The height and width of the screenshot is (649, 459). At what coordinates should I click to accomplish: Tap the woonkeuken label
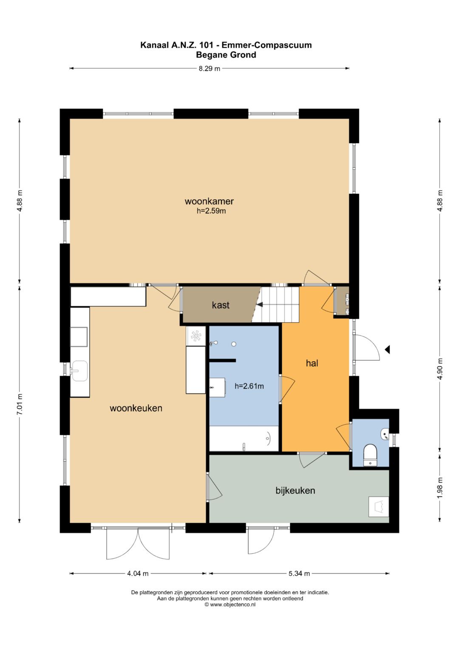click(136, 408)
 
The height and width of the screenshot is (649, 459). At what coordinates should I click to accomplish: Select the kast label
click(221, 305)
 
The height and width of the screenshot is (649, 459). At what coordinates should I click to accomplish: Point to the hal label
click(312, 363)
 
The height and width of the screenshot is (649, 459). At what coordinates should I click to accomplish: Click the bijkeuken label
click(295, 490)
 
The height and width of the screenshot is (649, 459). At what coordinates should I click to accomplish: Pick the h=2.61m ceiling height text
click(249, 386)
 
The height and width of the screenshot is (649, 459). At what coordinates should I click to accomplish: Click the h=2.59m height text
click(211, 211)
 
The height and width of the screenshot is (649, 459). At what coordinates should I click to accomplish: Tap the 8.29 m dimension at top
click(209, 69)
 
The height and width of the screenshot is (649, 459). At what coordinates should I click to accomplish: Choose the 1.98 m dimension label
click(440, 488)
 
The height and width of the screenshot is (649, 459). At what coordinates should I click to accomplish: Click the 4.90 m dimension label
click(440, 369)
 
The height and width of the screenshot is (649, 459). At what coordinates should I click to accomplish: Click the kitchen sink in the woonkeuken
click(79, 371)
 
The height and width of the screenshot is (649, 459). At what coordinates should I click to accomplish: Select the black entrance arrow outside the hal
click(388, 350)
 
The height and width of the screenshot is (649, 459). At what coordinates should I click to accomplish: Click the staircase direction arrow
click(259, 304)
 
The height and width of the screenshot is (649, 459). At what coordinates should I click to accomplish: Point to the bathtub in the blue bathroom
click(244, 438)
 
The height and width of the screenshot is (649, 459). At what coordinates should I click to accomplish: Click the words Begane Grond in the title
click(226, 55)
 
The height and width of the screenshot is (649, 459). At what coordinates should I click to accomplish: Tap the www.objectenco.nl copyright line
click(230, 604)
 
